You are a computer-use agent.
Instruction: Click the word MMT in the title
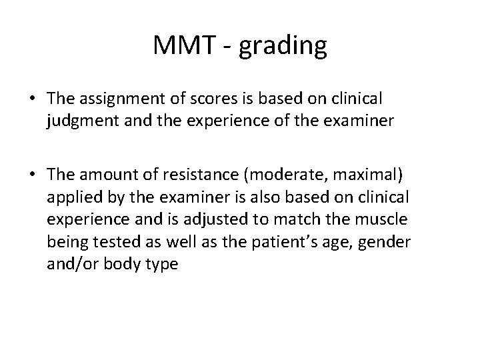(x=180, y=46)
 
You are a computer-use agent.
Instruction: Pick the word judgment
(x=78, y=122)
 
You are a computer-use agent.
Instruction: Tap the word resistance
(x=189, y=174)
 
